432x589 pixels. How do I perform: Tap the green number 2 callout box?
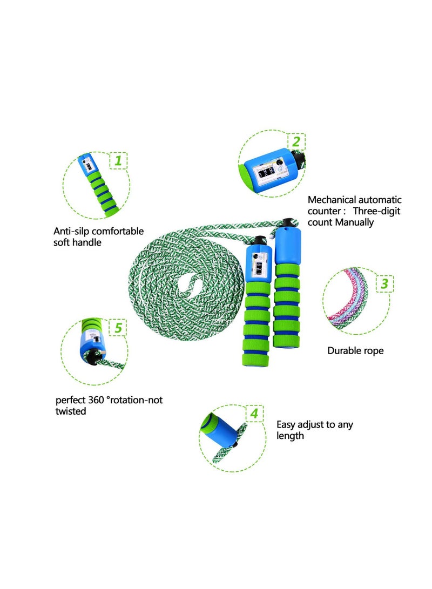295,142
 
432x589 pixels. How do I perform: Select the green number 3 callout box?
384,283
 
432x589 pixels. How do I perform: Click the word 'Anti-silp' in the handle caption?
71,231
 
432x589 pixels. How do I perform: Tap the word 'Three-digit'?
378,211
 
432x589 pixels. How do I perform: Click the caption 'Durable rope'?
355,351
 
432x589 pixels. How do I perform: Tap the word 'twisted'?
71,411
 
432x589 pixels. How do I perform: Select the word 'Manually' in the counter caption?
354,222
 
